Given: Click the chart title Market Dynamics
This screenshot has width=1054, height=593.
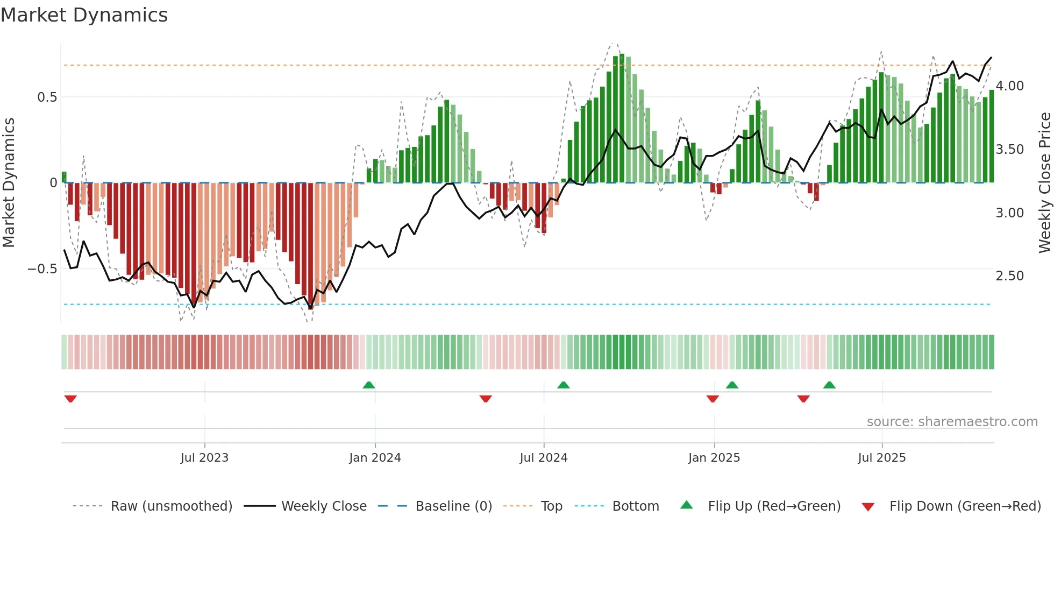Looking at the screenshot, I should coord(84,15).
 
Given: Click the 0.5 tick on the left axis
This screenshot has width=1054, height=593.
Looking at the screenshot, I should coord(47,97).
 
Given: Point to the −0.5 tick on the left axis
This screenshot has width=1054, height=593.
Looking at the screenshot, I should coord(42,269).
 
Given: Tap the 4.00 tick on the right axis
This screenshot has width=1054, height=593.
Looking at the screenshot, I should coord(1009,86).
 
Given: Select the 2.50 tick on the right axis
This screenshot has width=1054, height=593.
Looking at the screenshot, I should coord(1009,276).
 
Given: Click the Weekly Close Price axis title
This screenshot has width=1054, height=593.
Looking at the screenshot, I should coord(1044,182).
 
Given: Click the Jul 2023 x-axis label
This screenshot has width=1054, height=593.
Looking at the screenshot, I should coord(204,458).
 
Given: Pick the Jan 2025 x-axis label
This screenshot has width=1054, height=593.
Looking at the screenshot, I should coord(714,458).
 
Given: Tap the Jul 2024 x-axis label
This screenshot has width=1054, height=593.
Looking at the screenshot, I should coord(543,458).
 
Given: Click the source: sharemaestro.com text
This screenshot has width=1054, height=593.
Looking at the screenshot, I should coord(952,422).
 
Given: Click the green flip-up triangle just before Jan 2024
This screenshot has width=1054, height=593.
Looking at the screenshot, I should coord(369,385).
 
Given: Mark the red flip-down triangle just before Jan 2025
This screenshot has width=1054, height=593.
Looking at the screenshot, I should coord(713,399).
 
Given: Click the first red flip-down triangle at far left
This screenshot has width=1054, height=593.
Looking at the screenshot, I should coord(70,399).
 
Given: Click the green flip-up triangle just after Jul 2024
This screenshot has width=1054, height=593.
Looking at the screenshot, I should coord(563,385).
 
